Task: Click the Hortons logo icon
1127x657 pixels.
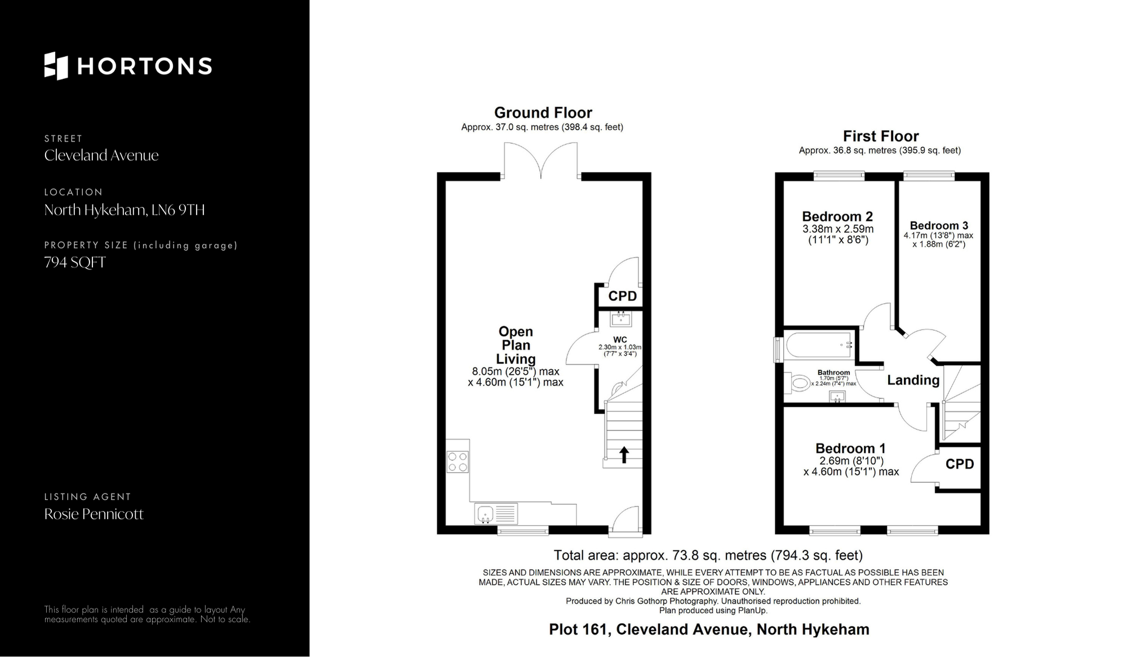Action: [x=56, y=66]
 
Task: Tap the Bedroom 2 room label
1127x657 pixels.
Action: [x=837, y=216]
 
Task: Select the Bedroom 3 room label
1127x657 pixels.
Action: [x=939, y=225]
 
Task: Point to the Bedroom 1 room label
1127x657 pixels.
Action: [x=850, y=449]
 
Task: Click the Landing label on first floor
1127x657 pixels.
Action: [x=913, y=380]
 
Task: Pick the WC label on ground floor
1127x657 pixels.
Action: [x=620, y=340]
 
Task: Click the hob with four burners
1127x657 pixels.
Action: [x=458, y=462]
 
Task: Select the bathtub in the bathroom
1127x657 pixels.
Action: [x=819, y=345]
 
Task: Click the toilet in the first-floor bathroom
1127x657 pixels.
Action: [x=796, y=384]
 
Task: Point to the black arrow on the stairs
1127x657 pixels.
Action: [x=624, y=455]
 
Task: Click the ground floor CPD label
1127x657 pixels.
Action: [x=623, y=296]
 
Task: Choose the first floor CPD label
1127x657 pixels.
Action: [x=960, y=464]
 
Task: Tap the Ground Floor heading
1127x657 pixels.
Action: [x=543, y=113]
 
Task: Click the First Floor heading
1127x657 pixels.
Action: [x=881, y=136]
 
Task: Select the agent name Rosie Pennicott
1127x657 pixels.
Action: [x=94, y=514]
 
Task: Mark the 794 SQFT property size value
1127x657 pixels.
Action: [x=75, y=263]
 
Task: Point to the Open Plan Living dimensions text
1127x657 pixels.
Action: [x=516, y=377]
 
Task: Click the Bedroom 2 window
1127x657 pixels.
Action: [x=839, y=175]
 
